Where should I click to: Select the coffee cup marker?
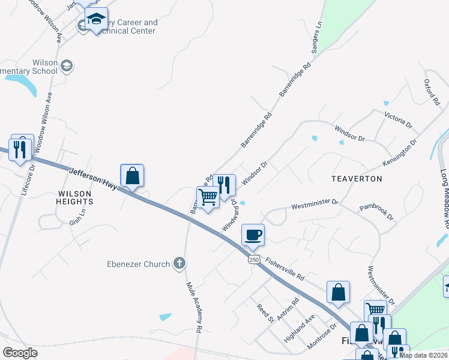tap(252, 235)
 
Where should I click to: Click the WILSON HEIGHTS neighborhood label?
tap(74, 198)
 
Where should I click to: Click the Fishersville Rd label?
tap(286, 271)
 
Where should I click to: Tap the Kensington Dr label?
tap(400, 154)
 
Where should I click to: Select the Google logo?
tap(20, 353)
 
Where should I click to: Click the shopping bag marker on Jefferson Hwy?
tap(132, 176)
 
